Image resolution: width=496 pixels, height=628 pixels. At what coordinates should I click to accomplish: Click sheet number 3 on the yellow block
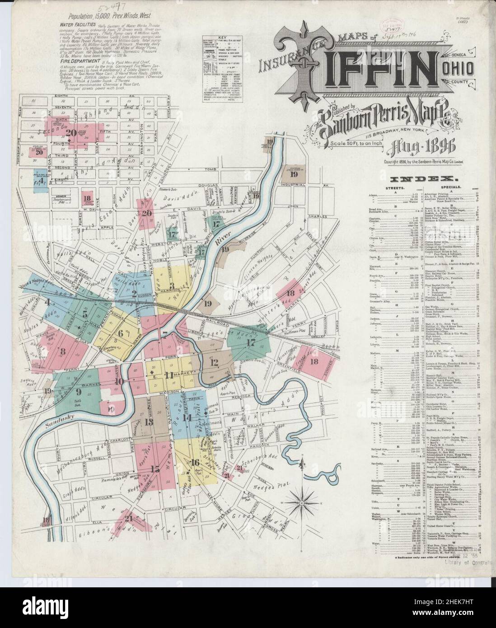point(172,285)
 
